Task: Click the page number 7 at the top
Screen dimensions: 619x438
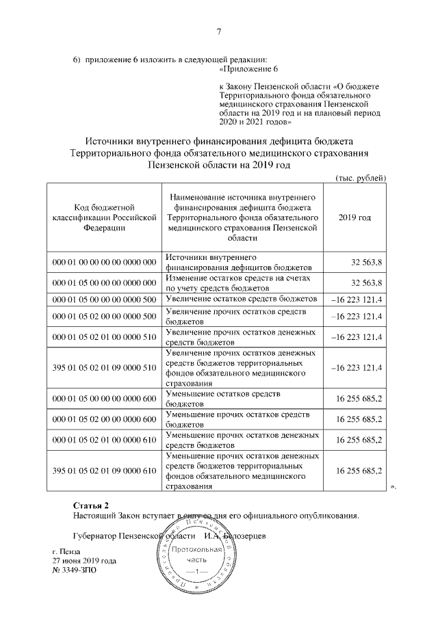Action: [x=219, y=31]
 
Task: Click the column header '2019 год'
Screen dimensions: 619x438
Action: [x=355, y=218]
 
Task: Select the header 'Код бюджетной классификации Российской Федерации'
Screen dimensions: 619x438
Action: [x=104, y=218]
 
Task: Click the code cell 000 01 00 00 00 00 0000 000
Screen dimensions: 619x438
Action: [x=104, y=263]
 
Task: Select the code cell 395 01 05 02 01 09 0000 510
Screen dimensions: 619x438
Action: [x=104, y=367]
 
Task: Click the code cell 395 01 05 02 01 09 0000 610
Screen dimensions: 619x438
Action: [x=104, y=469]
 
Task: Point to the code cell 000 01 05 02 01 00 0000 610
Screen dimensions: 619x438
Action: [x=104, y=438]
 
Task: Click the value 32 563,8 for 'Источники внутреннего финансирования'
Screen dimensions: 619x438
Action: [x=366, y=263]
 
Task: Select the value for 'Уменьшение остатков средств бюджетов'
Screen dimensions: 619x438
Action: [x=359, y=398]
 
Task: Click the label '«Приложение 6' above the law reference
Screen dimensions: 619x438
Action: [x=248, y=70]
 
